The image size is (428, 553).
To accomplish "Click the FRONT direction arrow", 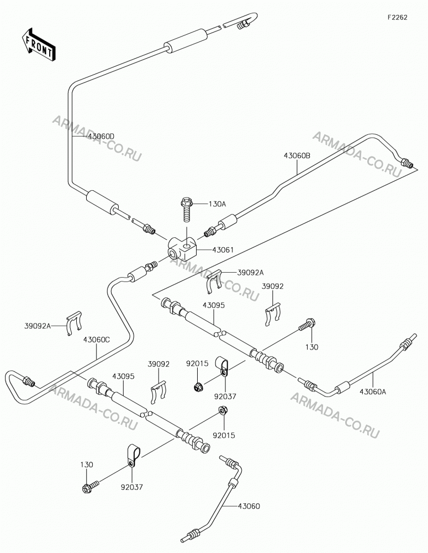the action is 38,44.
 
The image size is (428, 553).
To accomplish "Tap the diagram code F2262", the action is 398,17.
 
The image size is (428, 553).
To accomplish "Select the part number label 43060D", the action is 102,136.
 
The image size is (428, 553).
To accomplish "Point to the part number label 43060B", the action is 297,155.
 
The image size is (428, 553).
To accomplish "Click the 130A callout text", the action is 217,204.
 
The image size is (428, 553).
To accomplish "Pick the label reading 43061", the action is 223,250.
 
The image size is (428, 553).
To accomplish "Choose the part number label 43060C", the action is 97,340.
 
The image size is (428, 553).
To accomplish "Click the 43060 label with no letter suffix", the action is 249,507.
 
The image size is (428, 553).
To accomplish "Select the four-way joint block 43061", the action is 182,248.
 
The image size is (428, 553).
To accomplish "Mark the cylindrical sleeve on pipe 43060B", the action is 228,221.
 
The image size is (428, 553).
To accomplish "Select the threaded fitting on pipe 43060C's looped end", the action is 28,382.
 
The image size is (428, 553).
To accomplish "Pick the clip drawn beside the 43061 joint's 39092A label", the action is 214,281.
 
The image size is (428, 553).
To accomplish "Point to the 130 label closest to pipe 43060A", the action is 312,347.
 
